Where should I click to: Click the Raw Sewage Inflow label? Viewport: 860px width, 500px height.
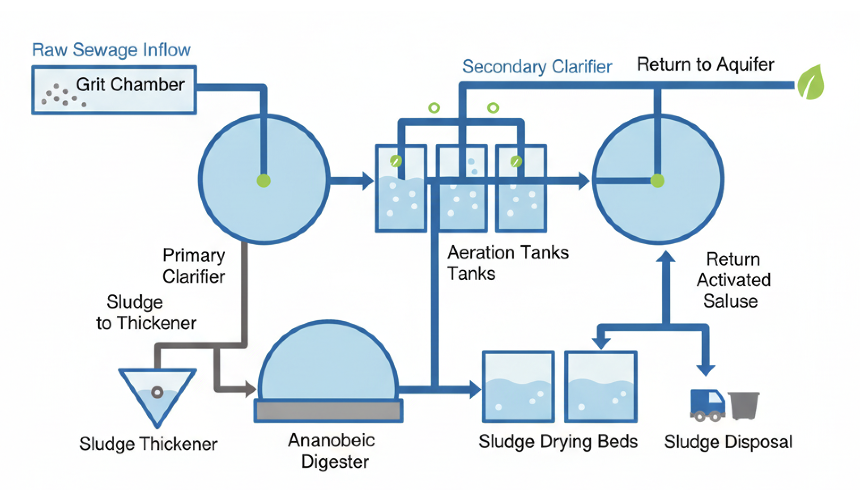(x=111, y=50)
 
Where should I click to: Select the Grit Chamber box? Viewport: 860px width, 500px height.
(x=114, y=90)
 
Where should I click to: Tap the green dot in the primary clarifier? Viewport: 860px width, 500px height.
(x=264, y=181)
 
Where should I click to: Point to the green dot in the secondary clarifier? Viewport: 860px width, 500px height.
(x=657, y=181)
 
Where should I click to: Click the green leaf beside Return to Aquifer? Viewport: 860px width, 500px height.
(x=811, y=83)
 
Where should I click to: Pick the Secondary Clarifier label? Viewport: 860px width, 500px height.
(x=537, y=67)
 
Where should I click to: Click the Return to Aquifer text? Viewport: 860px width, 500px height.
(x=705, y=64)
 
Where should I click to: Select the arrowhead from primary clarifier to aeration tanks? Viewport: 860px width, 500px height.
(x=368, y=181)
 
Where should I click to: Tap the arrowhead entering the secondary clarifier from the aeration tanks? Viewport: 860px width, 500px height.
(x=583, y=181)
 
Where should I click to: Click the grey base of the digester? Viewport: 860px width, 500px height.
(x=328, y=411)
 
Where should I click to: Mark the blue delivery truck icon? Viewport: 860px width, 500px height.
(x=707, y=405)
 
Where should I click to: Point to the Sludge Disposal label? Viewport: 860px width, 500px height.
(x=728, y=442)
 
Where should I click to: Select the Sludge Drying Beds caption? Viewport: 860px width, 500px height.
(x=558, y=441)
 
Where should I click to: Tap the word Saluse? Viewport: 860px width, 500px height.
(x=730, y=301)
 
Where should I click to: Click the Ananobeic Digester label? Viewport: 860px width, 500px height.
(x=332, y=451)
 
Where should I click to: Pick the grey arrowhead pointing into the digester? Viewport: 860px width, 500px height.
(x=250, y=389)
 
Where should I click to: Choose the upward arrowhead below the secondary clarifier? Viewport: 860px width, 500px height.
(x=666, y=257)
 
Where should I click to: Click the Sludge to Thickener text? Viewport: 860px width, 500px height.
(x=146, y=313)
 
